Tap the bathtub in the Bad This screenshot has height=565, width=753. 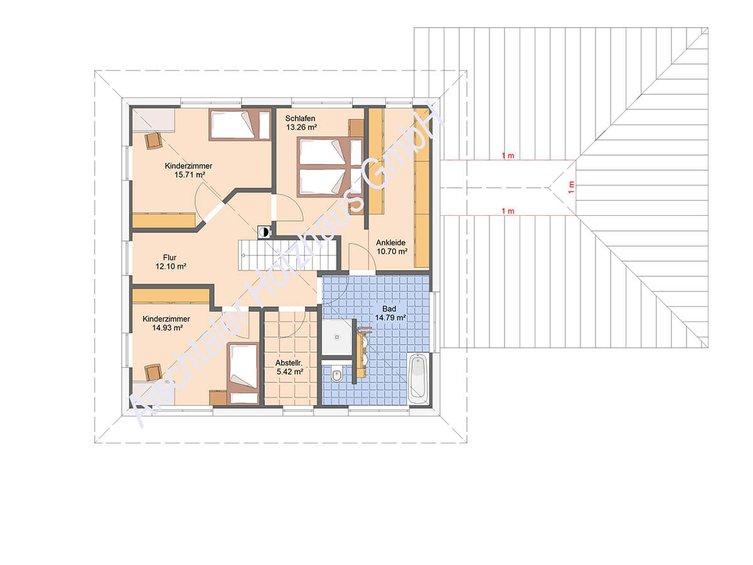(x=417, y=379)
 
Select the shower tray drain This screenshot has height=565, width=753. (x=336, y=337)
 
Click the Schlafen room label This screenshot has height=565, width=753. (x=300, y=119)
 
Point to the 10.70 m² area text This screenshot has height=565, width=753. (x=392, y=252)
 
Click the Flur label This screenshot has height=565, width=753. (x=170, y=257)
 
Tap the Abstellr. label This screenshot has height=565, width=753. (x=289, y=363)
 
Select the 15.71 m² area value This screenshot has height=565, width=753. (x=190, y=175)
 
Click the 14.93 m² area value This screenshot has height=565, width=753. (x=167, y=328)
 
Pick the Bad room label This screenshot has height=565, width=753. (x=389, y=309)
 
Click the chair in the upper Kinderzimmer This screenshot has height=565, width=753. (x=153, y=141)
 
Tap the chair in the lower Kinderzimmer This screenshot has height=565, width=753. (x=153, y=372)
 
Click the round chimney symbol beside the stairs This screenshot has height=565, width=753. (x=264, y=232)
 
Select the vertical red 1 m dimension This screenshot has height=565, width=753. (x=571, y=188)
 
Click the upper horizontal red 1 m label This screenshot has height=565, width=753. (x=508, y=156)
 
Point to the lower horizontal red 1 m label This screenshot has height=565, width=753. (x=508, y=211)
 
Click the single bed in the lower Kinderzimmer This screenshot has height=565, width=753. (x=243, y=374)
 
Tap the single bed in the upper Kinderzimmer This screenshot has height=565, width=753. (x=240, y=124)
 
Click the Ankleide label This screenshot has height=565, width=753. (x=390, y=242)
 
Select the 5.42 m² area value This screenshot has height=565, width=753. (x=290, y=372)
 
